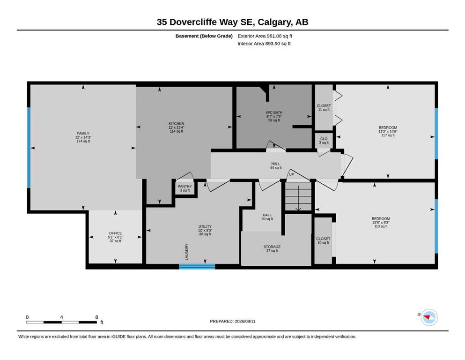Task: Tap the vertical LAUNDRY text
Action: [x=187, y=252]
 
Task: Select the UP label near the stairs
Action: [x=292, y=174]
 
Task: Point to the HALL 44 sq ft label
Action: [x=275, y=165]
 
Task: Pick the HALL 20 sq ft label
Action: [x=267, y=217]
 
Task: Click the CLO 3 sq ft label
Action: [x=324, y=141]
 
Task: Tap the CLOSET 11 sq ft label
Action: [x=324, y=107]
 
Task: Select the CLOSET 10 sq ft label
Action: [x=323, y=240]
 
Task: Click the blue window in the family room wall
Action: [x=29, y=148]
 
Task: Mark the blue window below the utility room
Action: [x=197, y=266]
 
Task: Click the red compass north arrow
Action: [x=427, y=318]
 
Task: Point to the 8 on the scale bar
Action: [x=96, y=317]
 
